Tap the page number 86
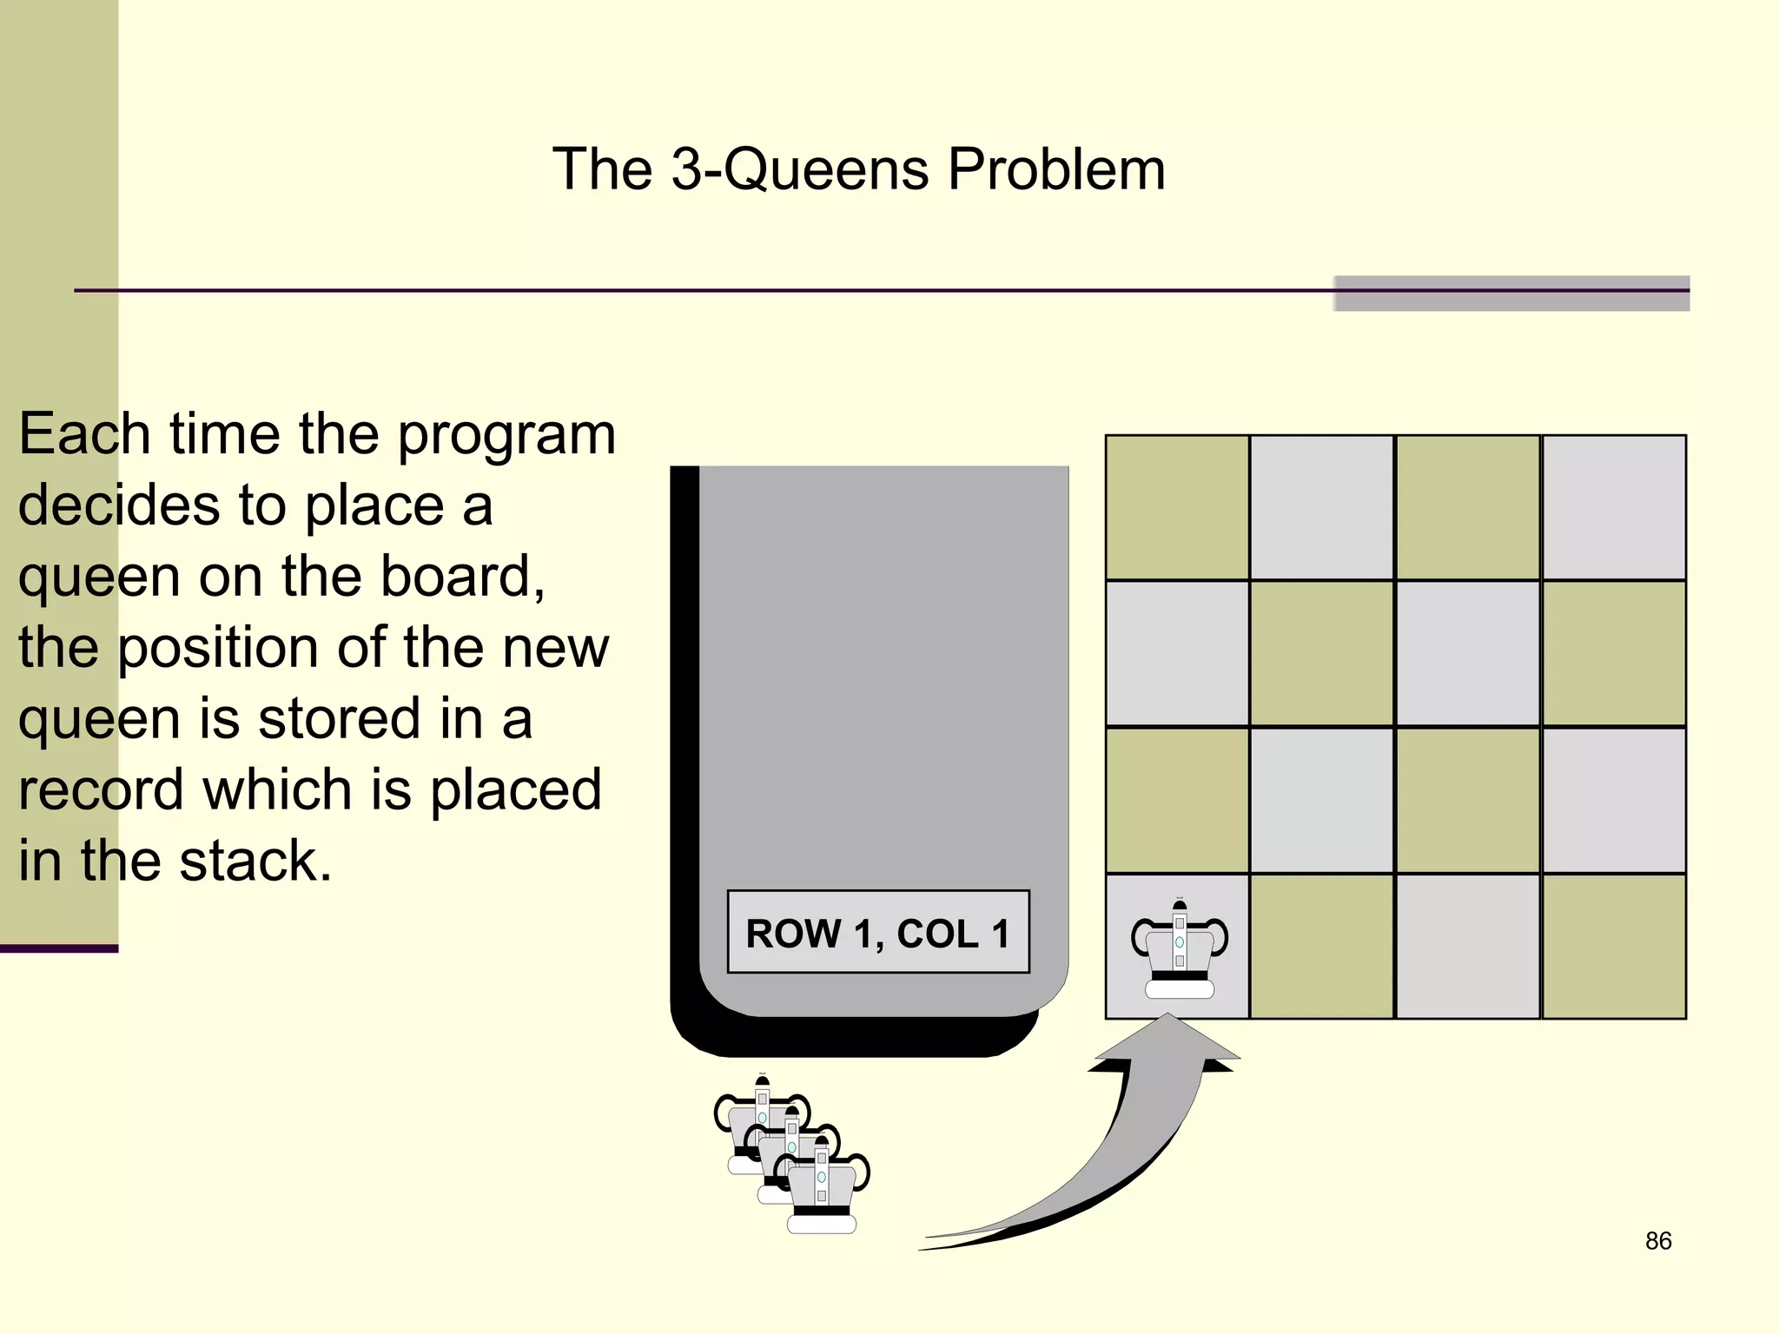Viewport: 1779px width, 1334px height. point(1658,1240)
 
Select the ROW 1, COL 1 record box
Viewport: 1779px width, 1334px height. point(878,932)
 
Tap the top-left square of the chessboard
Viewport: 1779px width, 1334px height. point(1177,507)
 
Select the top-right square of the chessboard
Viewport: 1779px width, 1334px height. point(1614,507)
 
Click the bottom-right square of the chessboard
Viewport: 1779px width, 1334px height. point(1614,946)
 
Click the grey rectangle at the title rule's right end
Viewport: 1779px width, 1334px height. point(1511,294)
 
